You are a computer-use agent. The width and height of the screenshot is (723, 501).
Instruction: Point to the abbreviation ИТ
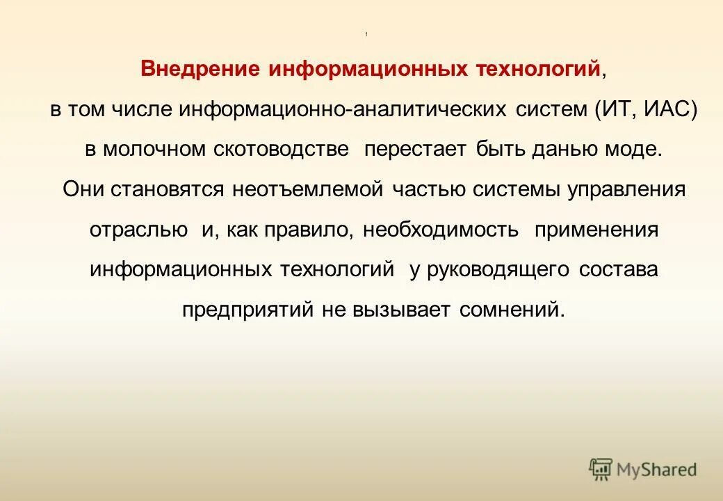[x=617, y=110]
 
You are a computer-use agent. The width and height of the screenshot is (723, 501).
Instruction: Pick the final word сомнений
[x=512, y=310]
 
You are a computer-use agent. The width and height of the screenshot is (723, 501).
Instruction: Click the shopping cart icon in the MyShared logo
[x=601, y=469]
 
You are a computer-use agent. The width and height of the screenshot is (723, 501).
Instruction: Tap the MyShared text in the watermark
[x=656, y=470]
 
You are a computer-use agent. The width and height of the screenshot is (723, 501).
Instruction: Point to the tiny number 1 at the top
[x=366, y=35]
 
